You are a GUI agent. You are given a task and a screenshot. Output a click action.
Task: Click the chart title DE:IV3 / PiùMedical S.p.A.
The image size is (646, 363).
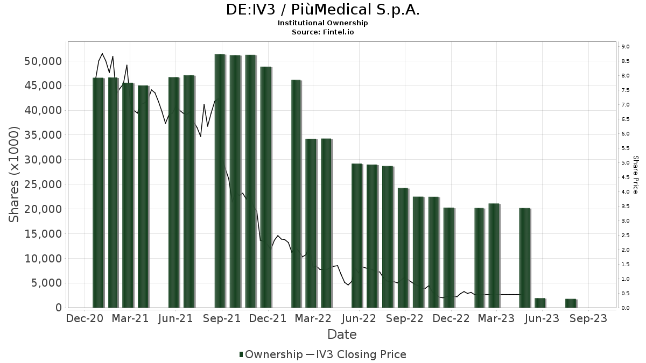[323, 10]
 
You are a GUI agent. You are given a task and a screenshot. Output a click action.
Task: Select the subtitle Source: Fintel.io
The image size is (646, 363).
[323, 32]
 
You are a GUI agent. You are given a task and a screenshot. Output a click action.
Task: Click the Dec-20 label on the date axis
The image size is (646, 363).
[85, 318]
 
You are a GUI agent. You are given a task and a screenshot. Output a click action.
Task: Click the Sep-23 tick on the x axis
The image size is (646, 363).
[589, 318]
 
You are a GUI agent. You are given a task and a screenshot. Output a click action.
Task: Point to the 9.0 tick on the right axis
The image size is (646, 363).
[625, 47]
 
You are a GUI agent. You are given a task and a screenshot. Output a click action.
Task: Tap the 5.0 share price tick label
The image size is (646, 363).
[625, 163]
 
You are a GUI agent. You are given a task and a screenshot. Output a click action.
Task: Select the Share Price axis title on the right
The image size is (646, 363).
[635, 175]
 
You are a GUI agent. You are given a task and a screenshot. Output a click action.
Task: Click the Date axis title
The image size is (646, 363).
[342, 334]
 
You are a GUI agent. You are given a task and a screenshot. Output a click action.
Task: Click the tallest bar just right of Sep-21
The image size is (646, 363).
[220, 181]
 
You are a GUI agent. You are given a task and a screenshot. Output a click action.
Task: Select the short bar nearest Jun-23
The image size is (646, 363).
[540, 303]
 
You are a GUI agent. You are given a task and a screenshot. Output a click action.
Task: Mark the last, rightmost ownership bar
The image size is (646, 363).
[571, 303]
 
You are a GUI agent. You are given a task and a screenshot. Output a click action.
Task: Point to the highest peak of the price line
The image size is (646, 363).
[102, 53]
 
